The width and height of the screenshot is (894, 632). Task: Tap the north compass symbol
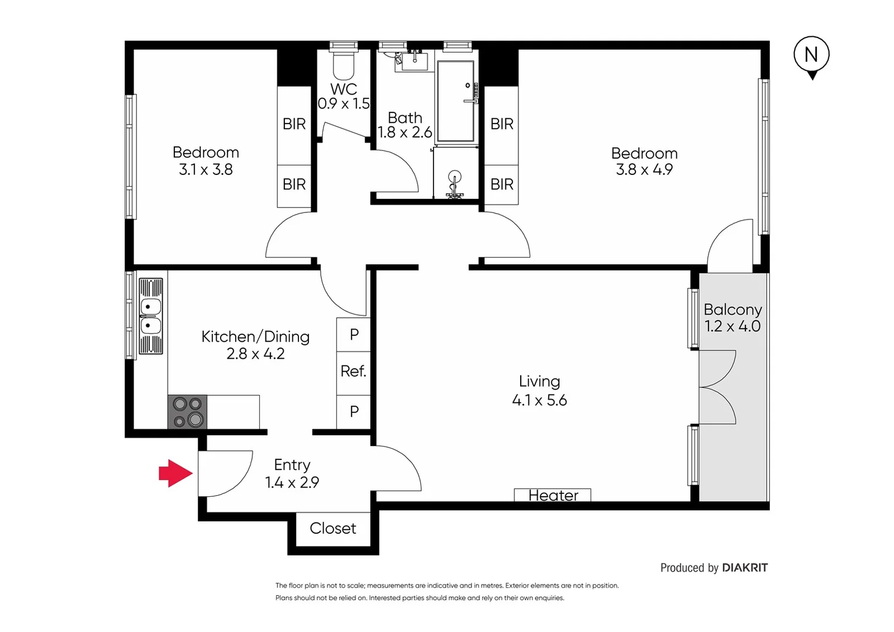pyautogui.click(x=812, y=56)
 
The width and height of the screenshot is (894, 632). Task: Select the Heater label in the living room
pyautogui.click(x=552, y=495)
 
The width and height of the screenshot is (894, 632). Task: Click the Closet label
pyautogui.click(x=332, y=528)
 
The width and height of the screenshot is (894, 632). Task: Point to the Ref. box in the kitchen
pyautogui.click(x=353, y=372)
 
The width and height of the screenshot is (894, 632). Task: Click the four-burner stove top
pyautogui.click(x=187, y=412)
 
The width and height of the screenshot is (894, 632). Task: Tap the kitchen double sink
pyautogui.click(x=150, y=316)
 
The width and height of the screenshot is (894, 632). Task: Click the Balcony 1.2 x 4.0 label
pyautogui.click(x=733, y=318)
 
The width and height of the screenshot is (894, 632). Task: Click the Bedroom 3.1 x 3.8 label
pyautogui.click(x=205, y=161)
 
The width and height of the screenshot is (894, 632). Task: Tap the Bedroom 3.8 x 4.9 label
pyautogui.click(x=644, y=162)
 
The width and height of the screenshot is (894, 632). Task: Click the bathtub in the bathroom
pyautogui.click(x=455, y=101)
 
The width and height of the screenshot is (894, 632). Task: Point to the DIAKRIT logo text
pyautogui.click(x=744, y=568)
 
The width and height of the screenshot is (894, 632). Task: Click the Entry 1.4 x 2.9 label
pyautogui.click(x=292, y=473)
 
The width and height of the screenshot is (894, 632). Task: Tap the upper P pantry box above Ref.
pyautogui.click(x=354, y=334)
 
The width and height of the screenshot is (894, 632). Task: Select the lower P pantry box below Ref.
pyautogui.click(x=354, y=411)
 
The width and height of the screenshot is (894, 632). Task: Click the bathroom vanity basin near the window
pyautogui.click(x=414, y=61)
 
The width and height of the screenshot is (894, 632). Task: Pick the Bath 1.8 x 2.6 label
pyautogui.click(x=405, y=125)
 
